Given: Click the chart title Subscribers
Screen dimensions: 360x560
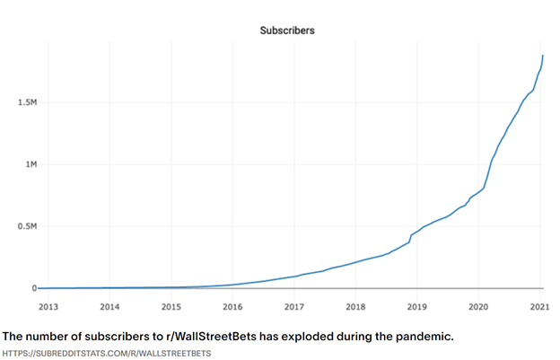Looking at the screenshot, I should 286,31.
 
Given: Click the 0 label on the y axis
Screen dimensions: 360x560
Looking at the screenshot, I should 33,288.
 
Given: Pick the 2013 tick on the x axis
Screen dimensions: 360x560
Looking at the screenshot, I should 48,306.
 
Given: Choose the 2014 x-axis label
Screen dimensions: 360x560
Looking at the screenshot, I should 109,306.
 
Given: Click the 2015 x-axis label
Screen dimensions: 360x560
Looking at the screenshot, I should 171,306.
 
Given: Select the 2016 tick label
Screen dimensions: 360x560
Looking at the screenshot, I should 232,306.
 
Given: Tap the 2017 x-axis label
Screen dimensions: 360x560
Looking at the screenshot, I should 293,306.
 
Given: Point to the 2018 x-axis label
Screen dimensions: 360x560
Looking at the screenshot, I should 355,306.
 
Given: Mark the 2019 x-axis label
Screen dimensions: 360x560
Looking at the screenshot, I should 416,306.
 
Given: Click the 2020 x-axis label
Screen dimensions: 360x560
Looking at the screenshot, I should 478,306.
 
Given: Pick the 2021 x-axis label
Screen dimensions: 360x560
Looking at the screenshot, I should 539,306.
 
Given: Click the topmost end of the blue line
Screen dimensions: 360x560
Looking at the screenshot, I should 543,56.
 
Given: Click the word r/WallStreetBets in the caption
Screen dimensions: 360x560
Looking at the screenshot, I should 218,337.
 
